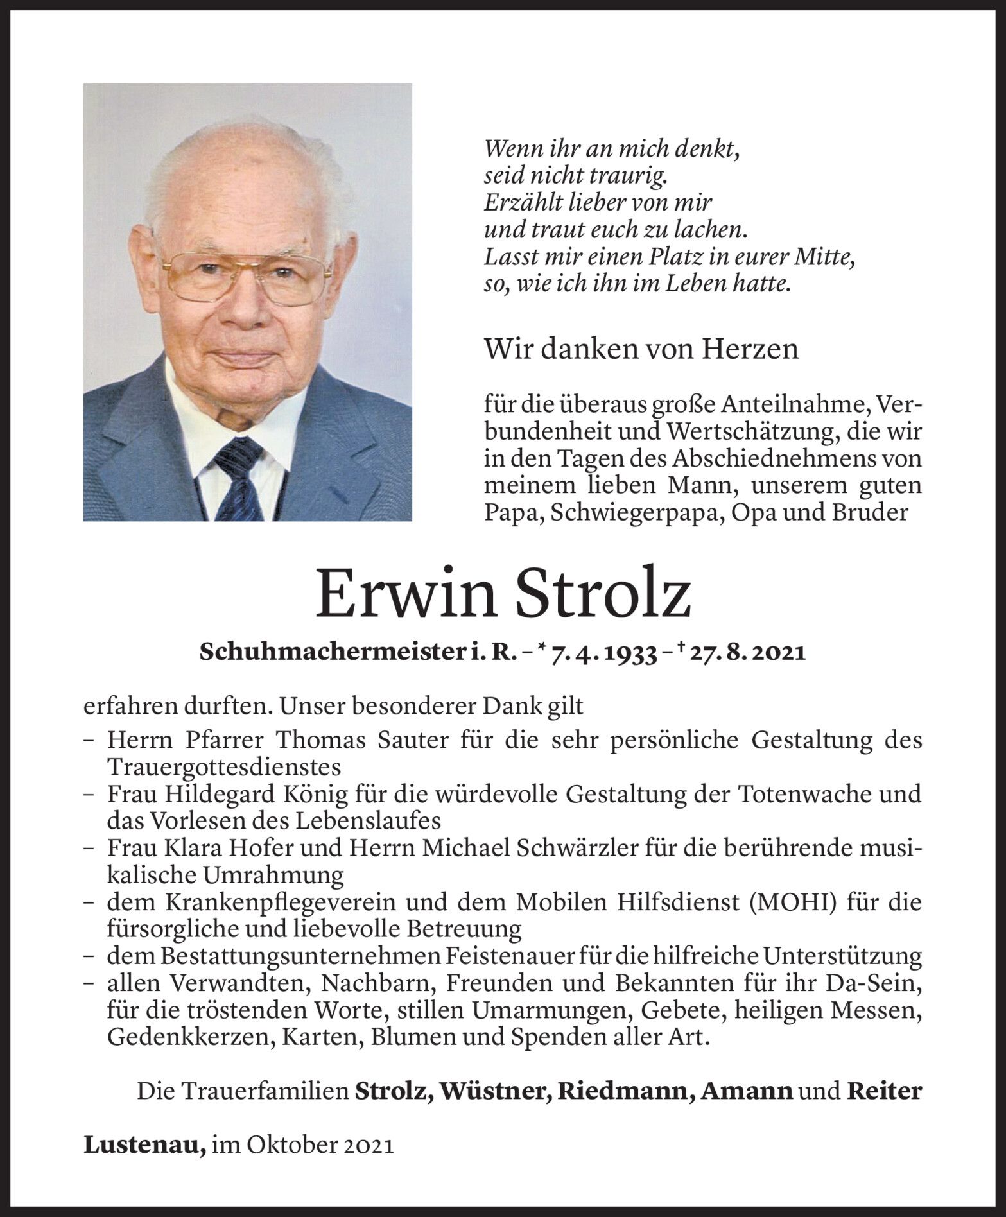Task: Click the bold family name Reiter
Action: (x=884, y=1091)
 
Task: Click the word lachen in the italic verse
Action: (x=712, y=230)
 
